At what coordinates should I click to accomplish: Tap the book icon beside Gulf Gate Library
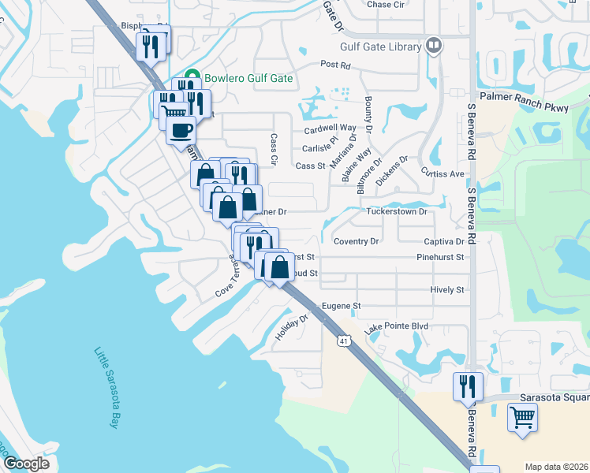pos(433,47)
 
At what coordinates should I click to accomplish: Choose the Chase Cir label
pos(385,4)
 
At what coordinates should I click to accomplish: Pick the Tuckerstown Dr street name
pos(397,211)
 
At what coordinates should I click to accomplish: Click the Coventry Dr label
pos(356,241)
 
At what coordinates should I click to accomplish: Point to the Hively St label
pos(447,290)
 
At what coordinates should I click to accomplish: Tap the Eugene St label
pos(340,306)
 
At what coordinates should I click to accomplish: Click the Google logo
pos(26,464)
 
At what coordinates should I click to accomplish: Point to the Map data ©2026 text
pos(557,467)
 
